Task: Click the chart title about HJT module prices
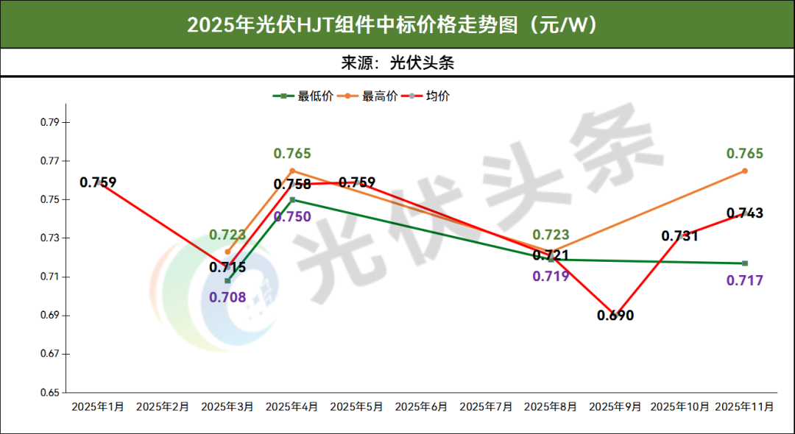(x=397, y=24)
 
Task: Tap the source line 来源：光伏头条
(x=397, y=63)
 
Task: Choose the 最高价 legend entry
(x=380, y=96)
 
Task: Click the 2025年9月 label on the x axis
(x=615, y=406)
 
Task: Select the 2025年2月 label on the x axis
(x=163, y=406)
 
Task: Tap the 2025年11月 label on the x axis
(x=744, y=406)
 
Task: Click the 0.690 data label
(x=615, y=316)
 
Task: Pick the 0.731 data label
(x=680, y=236)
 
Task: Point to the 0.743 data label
(x=745, y=213)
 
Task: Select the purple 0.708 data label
(x=227, y=298)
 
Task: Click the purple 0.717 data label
(x=745, y=280)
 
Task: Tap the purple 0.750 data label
(x=291, y=216)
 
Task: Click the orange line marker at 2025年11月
(x=745, y=171)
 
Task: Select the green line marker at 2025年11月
(x=745, y=263)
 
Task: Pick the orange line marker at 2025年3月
(x=227, y=252)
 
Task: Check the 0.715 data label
(x=227, y=268)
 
